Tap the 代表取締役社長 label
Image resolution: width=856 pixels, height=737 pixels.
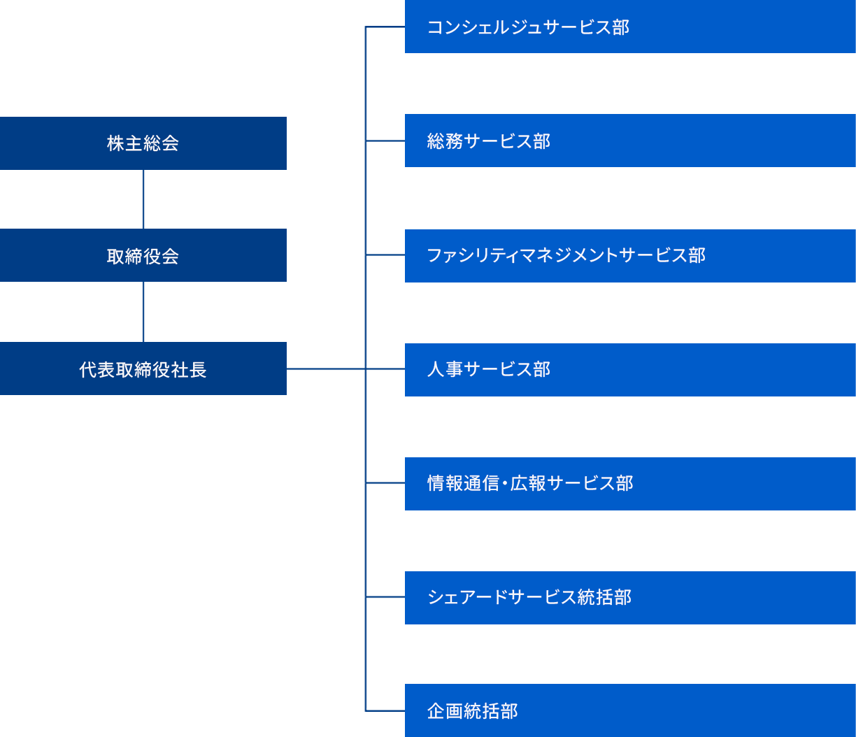pos(143,370)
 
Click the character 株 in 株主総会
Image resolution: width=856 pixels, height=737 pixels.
pos(115,143)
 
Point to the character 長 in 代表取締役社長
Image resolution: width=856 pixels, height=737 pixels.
pos(198,370)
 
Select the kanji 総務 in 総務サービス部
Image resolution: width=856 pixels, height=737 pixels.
pos(445,141)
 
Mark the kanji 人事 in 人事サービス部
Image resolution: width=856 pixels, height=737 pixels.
pos(445,369)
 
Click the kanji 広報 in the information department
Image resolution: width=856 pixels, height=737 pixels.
pos(528,483)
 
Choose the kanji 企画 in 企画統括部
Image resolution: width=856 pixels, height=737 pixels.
pos(445,711)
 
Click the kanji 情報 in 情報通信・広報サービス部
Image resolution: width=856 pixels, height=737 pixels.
pos(445,483)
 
